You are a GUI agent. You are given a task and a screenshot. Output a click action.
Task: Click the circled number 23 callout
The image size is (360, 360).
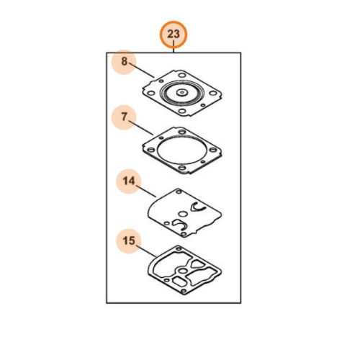click(x=174, y=34)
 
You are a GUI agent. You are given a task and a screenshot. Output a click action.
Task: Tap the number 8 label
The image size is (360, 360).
click(x=124, y=61)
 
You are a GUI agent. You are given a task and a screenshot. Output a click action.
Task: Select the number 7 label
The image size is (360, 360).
click(x=124, y=117)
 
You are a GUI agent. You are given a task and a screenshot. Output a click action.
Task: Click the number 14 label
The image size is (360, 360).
click(x=129, y=181)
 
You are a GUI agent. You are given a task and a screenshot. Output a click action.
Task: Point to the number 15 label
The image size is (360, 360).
click(x=129, y=240)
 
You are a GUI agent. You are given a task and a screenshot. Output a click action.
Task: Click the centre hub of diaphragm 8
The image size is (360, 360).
click(x=182, y=92)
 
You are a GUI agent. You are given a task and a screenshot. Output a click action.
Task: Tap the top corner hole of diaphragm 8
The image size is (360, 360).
click(x=182, y=76)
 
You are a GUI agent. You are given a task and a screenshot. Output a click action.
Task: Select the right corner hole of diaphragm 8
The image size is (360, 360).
click(x=212, y=93)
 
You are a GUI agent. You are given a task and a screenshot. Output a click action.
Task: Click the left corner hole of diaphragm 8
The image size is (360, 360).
click(x=150, y=93)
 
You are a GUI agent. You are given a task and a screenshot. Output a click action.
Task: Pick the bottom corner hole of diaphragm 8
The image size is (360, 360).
click(x=182, y=111)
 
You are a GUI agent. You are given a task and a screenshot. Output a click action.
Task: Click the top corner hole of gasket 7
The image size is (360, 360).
click(x=182, y=132)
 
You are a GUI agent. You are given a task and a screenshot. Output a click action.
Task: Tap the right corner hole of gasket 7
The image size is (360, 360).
click(x=213, y=150)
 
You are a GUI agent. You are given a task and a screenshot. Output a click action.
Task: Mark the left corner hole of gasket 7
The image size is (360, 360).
click(x=150, y=150)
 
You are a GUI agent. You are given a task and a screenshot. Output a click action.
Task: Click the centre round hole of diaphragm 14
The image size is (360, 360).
click(x=184, y=213)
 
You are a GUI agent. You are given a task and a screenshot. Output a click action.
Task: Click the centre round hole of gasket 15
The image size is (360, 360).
click(x=184, y=271)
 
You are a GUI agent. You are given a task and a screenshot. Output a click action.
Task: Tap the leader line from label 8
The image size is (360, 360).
click(x=141, y=70)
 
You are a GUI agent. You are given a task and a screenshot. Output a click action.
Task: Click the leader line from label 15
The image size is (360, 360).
click(x=146, y=251)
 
